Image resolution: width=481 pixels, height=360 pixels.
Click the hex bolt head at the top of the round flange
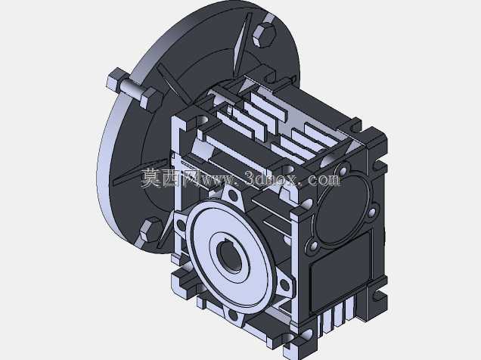click(x=265, y=36)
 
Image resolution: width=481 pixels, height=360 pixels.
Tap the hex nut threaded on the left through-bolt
click(x=151, y=98)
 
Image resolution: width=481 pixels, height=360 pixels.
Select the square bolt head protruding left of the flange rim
click(x=116, y=79)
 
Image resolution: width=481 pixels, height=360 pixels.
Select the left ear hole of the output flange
click(x=180, y=226)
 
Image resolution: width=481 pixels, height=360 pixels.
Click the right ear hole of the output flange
click(x=285, y=285)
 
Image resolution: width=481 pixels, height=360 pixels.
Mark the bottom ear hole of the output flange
click(x=233, y=315)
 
